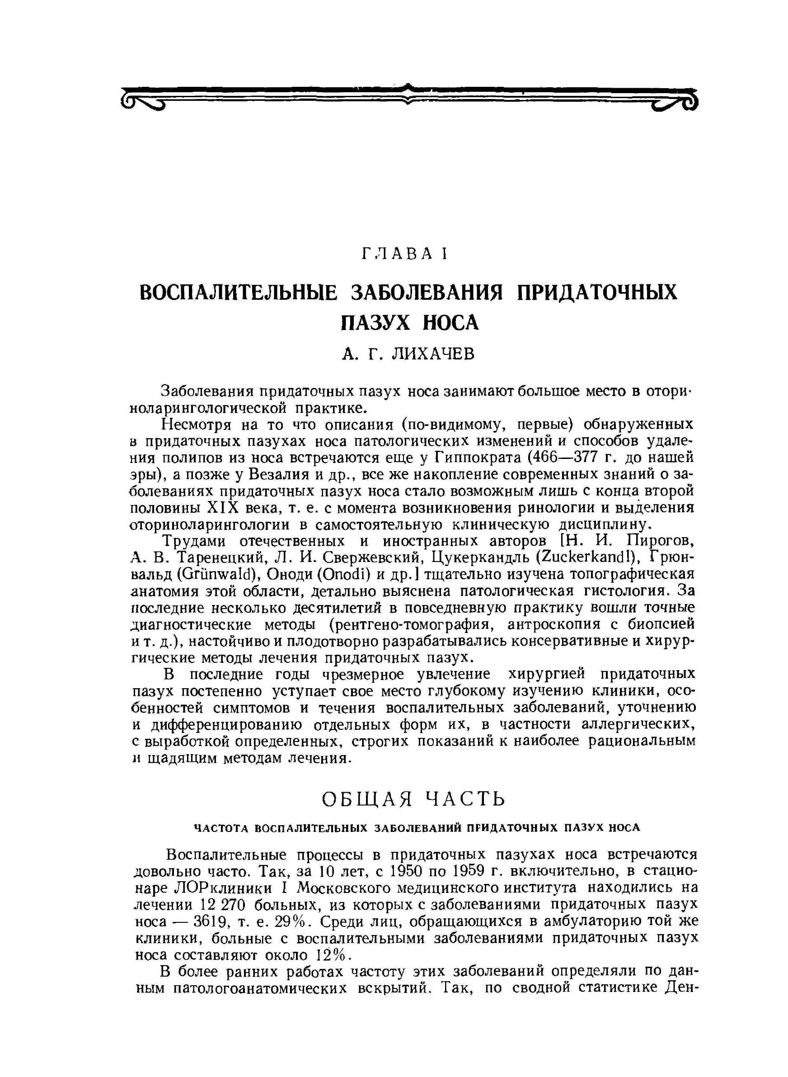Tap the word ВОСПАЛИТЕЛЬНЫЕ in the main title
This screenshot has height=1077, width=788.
[x=238, y=292]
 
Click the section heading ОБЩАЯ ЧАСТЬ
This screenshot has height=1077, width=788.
[x=413, y=799]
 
